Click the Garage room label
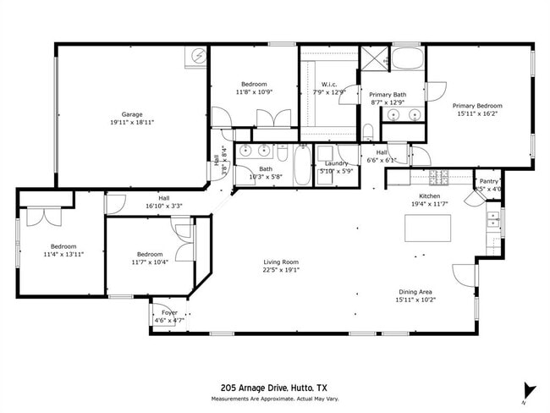pos(131,114)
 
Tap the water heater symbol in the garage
pos(198,56)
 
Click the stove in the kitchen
pos(439,177)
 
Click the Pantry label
pos(488,181)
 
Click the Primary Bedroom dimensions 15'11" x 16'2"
pos(479,113)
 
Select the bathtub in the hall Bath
pos(302,166)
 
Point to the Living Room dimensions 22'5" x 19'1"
pos(280,271)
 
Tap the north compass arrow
pos(530,391)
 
